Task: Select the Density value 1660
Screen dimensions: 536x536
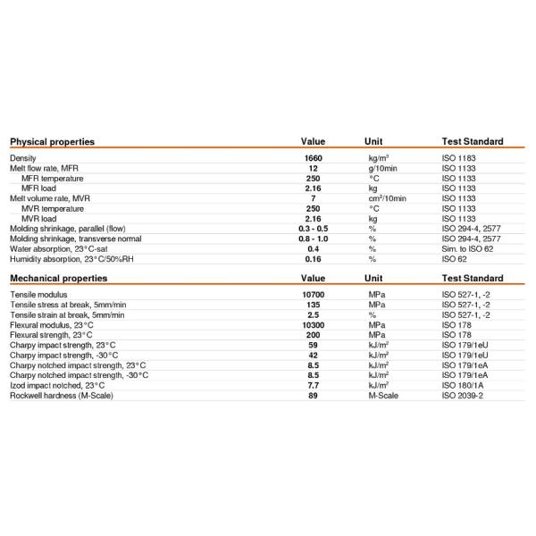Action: point(313,158)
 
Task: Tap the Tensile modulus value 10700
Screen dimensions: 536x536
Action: point(313,294)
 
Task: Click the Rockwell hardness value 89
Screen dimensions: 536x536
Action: point(313,395)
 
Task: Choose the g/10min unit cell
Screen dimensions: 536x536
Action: point(385,168)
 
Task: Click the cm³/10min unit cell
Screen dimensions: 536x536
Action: point(387,197)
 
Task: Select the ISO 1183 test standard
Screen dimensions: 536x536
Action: point(461,158)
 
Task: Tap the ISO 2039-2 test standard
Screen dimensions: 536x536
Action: point(465,395)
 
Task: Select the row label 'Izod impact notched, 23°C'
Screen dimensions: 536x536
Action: point(59,385)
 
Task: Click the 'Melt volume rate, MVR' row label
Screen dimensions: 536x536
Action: point(52,197)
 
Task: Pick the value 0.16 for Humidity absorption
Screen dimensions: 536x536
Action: point(313,259)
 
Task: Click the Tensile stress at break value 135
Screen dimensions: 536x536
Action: point(313,305)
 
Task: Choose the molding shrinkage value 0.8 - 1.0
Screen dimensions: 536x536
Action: point(313,239)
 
